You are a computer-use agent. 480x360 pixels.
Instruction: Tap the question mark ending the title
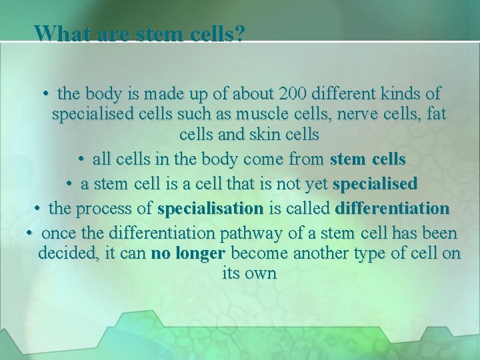239,33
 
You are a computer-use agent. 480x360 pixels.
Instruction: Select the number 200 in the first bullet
295,93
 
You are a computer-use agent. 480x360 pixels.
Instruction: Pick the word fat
435,114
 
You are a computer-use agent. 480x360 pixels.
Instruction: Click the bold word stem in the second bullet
347,160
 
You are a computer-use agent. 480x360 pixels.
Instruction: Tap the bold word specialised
375,183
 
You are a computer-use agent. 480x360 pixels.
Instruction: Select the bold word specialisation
211,208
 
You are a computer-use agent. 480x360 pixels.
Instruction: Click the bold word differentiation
393,208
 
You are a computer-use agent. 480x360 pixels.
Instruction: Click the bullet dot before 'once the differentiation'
30,234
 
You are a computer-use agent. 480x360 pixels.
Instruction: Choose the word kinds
403,93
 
